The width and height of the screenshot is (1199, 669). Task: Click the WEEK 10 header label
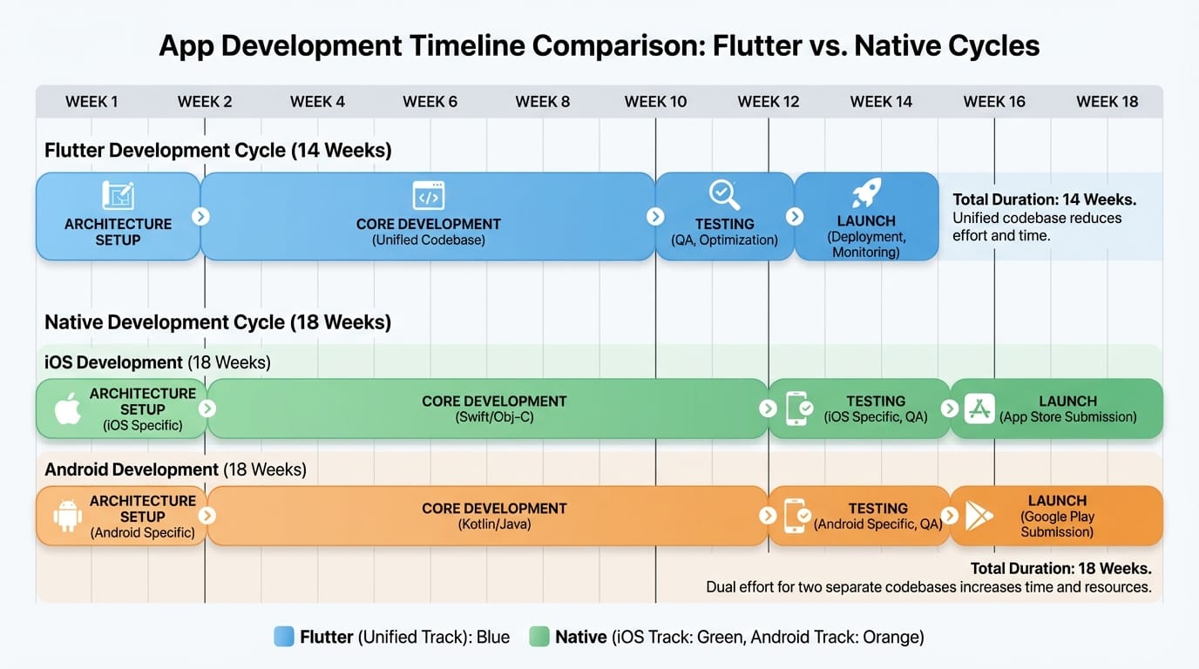pos(655,102)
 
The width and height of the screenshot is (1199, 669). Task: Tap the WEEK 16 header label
pos(994,102)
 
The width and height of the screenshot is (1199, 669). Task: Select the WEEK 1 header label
pos(91,102)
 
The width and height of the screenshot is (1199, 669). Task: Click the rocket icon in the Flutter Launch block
pos(866,193)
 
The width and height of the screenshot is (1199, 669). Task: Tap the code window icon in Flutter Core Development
pos(428,195)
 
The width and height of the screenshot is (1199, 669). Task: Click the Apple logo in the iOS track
pos(68,409)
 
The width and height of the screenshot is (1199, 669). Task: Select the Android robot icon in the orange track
pos(67,516)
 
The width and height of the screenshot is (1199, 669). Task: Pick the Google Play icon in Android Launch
pos(979,516)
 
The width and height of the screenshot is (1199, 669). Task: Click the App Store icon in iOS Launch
pos(979,409)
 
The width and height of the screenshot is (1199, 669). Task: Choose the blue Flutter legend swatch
pos(284,637)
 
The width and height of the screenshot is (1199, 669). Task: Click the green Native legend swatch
pos(539,637)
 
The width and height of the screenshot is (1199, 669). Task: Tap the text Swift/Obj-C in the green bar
pos(494,417)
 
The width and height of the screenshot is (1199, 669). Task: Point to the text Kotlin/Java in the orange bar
pos(494,524)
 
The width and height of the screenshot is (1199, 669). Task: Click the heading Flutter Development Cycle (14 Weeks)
pos(218,151)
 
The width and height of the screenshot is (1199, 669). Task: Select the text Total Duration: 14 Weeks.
pos(1044,199)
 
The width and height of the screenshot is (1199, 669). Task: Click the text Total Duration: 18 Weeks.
pos(1060,569)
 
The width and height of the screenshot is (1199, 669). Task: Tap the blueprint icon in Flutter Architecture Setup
pos(118,195)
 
